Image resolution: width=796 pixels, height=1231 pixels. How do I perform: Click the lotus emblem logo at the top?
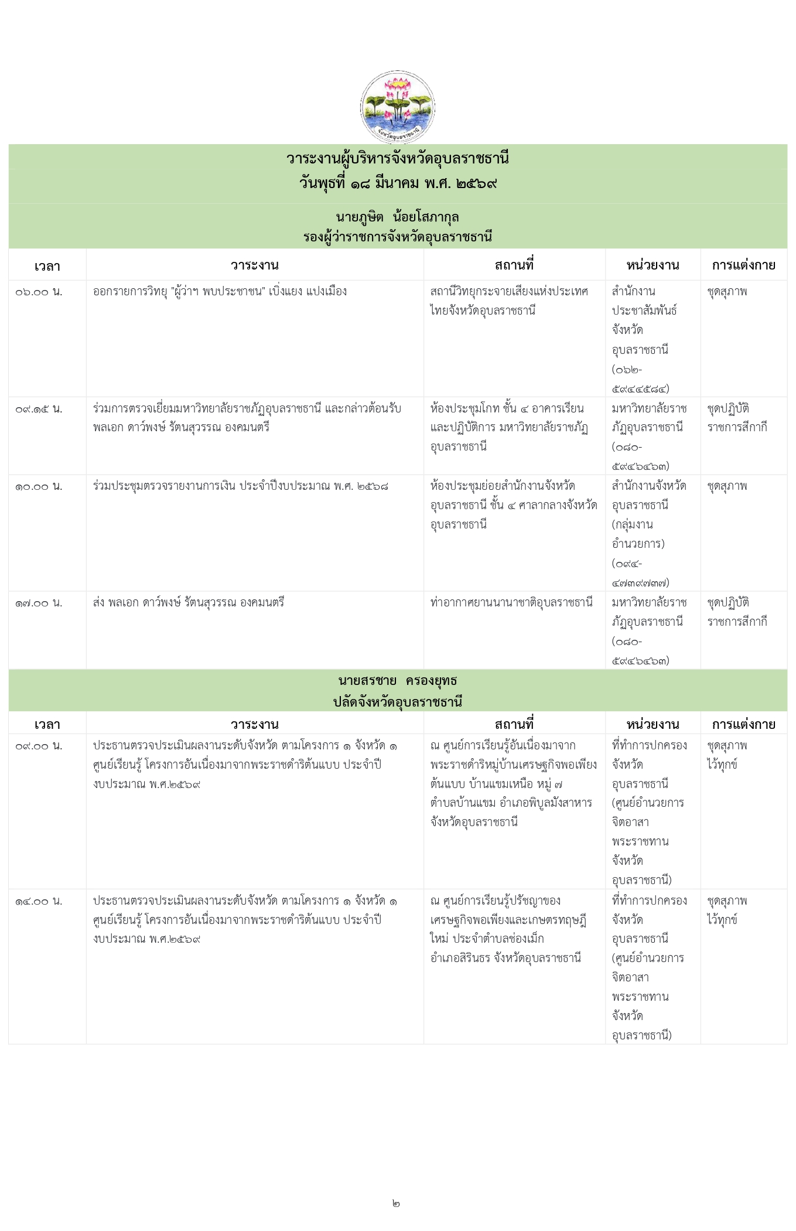pyautogui.click(x=397, y=107)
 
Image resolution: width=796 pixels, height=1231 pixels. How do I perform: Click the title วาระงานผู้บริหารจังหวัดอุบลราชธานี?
pyautogui.click(x=398, y=159)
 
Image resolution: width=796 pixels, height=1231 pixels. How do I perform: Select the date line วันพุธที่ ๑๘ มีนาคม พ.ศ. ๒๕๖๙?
pyautogui.click(x=398, y=183)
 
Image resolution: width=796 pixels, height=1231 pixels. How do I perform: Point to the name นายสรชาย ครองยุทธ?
pyautogui.click(x=398, y=681)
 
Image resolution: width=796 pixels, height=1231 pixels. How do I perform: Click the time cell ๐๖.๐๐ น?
pyautogui.click(x=39, y=292)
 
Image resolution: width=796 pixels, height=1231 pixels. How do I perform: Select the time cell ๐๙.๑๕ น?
pyautogui.click(x=39, y=409)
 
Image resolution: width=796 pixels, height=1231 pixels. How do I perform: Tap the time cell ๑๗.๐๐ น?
pyautogui.click(x=39, y=603)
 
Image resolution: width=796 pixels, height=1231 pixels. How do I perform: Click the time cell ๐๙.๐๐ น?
pyautogui.click(x=39, y=746)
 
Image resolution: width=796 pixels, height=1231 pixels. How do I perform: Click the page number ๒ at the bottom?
pyautogui.click(x=397, y=1203)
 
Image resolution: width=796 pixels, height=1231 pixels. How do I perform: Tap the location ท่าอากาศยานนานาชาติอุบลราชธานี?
pyautogui.click(x=511, y=602)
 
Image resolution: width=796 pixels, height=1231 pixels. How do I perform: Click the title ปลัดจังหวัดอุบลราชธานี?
pyautogui.click(x=398, y=701)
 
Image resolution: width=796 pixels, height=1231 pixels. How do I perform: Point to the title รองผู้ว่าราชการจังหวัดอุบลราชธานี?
pyautogui.click(x=398, y=237)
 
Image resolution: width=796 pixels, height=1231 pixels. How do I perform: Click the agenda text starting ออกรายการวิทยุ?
pyautogui.click(x=220, y=291)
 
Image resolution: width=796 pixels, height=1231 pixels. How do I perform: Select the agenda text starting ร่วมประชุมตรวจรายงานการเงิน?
pyautogui.click(x=240, y=486)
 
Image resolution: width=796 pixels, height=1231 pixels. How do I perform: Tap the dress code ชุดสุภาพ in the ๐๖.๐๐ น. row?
pyautogui.click(x=727, y=291)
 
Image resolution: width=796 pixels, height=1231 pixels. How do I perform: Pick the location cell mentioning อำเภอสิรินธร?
pyautogui.click(x=507, y=929)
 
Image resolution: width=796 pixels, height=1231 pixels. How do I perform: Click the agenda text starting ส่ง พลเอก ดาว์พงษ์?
pyautogui.click(x=189, y=602)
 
